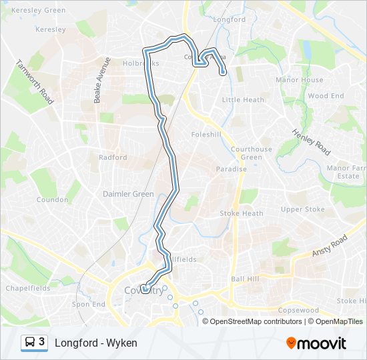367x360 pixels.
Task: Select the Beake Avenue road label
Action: [101, 79]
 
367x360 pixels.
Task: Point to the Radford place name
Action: [112, 158]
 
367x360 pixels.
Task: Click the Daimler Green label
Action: [128, 194]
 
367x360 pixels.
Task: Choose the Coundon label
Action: [52, 200]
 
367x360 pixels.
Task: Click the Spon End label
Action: [89, 305]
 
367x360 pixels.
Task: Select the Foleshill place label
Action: [206, 133]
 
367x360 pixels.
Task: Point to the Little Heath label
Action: [243, 100]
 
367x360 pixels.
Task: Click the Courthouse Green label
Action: [252, 153]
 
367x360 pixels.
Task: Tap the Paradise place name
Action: [231, 169]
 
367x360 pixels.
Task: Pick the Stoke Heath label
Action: [242, 214]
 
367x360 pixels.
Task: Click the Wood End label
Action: [326, 96]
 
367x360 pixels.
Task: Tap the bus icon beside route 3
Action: [30, 343]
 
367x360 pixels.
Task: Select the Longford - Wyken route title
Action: [96, 343]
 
